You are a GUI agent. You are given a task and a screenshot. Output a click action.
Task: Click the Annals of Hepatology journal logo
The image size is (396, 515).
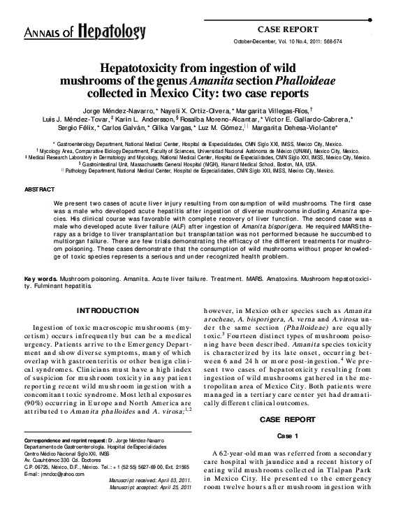tap(85, 31)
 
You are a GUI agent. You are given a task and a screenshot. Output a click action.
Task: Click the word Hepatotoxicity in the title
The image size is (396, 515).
tap(143, 71)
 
